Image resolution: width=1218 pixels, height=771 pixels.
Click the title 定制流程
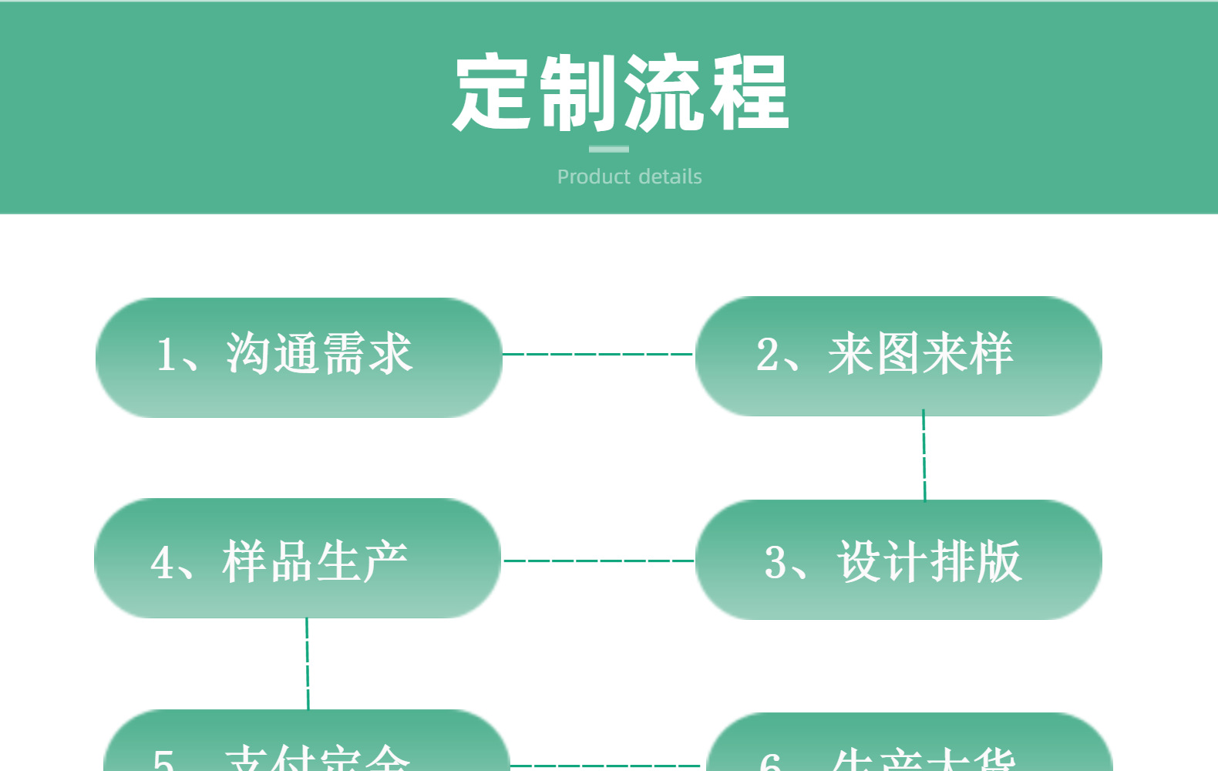click(621, 93)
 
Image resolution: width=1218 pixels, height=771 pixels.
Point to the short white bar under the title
click(609, 149)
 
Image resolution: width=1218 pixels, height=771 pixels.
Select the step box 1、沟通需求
click(298, 358)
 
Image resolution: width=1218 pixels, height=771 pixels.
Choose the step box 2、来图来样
click(898, 356)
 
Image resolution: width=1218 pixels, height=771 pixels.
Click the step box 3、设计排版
click(898, 560)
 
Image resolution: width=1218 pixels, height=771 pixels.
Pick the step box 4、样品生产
click(298, 558)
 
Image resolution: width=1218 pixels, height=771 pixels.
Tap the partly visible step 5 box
click(306, 744)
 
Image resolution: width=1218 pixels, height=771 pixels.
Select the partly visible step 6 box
click(909, 746)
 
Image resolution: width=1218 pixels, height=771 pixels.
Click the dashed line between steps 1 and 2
click(598, 354)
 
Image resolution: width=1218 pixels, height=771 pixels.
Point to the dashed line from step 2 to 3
click(924, 456)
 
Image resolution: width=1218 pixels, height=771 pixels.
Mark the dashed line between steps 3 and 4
click(598, 561)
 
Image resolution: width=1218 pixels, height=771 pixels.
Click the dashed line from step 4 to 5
click(307, 663)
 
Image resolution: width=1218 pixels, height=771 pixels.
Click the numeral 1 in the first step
click(166, 355)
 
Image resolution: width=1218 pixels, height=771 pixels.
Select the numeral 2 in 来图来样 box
click(768, 355)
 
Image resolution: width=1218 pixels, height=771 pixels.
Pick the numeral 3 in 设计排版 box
click(776, 562)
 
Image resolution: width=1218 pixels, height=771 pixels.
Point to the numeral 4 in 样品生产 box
click(162, 562)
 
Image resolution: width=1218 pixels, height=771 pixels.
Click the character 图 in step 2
click(897, 354)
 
